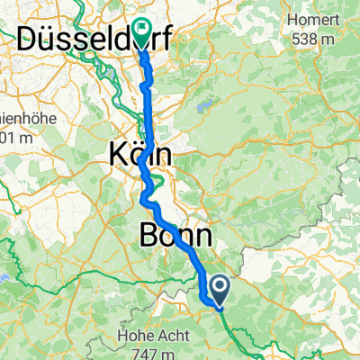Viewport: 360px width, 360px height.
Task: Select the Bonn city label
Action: point(177,237)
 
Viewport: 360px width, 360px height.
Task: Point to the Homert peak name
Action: point(308,19)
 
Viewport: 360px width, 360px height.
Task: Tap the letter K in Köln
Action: point(118,154)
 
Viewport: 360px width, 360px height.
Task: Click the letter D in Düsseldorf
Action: point(31,40)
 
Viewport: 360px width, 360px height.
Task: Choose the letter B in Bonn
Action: point(151,237)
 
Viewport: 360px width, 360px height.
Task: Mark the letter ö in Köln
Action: point(137,154)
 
